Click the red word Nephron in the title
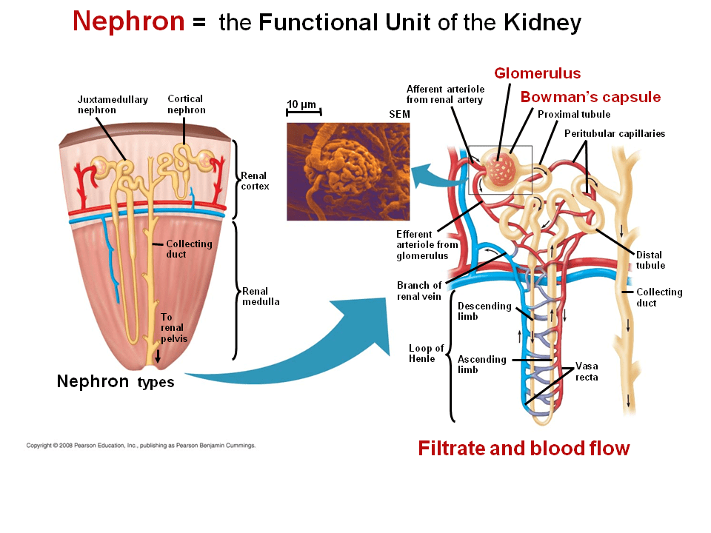tap(128, 21)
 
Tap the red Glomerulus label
tap(537, 73)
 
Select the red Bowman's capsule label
tap(590, 97)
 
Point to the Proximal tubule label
tap(574, 115)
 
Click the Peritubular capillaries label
tap(615, 134)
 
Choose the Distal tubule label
tap(650, 260)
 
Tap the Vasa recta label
tap(587, 372)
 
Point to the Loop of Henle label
tap(426, 353)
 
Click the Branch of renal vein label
tap(419, 291)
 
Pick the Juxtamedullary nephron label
tap(113, 104)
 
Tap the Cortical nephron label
tap(185, 104)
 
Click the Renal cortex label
tap(255, 181)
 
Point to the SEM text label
tap(399, 115)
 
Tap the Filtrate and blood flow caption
tap(524, 448)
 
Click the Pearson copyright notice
tap(141, 446)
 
